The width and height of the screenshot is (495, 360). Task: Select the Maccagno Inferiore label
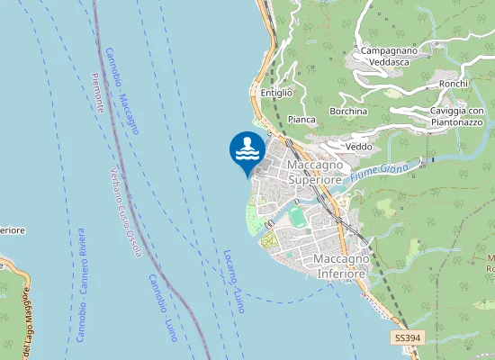(x=340, y=266)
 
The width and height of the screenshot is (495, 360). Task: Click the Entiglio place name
(x=276, y=93)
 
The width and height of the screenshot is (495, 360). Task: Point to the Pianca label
(x=301, y=119)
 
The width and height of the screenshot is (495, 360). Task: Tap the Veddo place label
(x=359, y=147)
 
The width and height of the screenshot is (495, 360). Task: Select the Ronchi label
(x=454, y=84)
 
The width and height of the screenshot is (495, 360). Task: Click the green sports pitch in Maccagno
(x=296, y=217)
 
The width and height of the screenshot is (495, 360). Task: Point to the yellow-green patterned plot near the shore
(x=268, y=241)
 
